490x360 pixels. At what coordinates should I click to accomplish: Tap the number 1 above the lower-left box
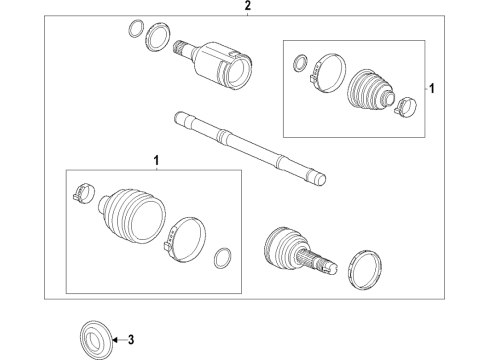pyautogui.click(x=155, y=160)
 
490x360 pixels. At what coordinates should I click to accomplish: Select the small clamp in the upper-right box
pyautogui.click(x=405, y=105)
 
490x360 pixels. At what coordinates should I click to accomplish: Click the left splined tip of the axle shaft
pyautogui.click(x=180, y=118)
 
